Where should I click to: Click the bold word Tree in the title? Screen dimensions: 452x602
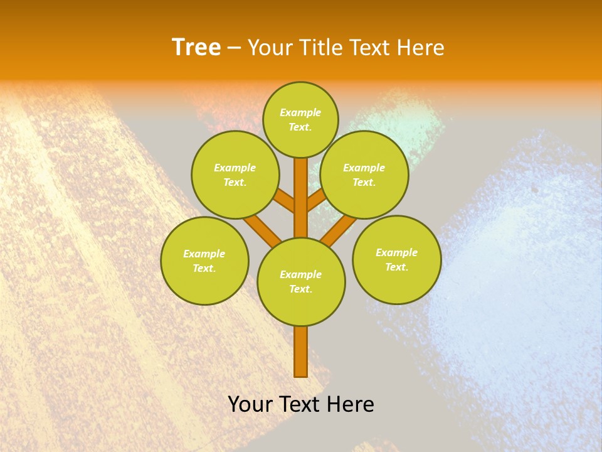coord(196,47)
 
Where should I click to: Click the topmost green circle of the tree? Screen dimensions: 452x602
coord(300,119)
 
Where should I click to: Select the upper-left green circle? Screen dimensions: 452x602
coord(235,175)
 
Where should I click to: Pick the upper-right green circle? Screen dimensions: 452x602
coord(364,175)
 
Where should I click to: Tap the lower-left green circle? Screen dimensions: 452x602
coord(204,261)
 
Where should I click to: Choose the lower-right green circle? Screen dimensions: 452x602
coord(396,259)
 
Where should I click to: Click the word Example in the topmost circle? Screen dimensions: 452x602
coord(300,112)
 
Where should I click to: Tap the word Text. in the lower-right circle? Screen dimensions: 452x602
coord(396,267)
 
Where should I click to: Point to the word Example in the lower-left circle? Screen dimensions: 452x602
coord(204,254)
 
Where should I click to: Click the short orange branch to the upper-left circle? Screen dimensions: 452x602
coord(285,202)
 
